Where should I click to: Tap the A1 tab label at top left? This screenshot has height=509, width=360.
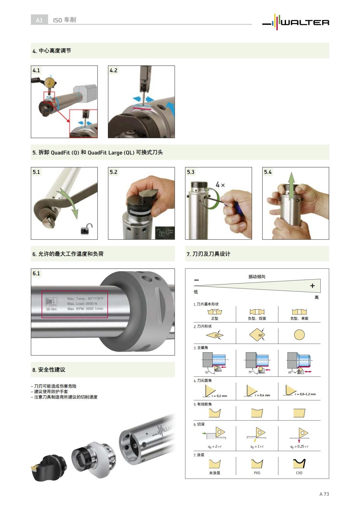point(39,20)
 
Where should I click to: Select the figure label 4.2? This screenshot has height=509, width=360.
point(113,70)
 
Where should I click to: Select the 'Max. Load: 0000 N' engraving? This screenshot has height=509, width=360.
point(82,304)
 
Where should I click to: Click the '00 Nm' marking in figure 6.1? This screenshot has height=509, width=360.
point(51,309)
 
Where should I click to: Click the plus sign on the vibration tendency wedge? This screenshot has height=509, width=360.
point(312,286)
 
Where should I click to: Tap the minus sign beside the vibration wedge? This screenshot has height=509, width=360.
point(196,280)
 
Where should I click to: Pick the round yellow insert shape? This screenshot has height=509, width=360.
point(299,335)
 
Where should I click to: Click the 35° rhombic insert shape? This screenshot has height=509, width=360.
point(215,335)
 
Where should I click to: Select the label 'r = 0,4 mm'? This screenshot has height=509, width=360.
point(262,395)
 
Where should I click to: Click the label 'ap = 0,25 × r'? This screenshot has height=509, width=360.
point(299,447)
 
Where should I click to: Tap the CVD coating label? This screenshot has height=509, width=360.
point(299,473)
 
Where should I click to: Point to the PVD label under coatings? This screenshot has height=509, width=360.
point(257,473)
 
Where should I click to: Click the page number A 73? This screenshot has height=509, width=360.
point(324,494)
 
